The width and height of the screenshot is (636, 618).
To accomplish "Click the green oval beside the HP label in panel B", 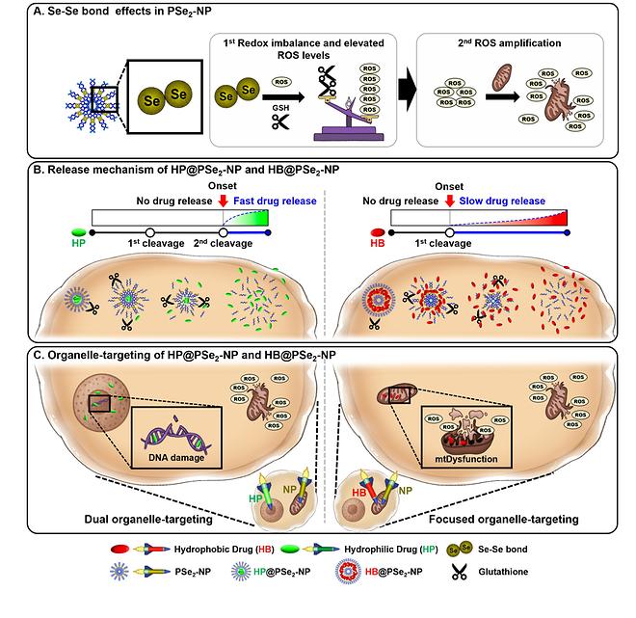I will [79, 231].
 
